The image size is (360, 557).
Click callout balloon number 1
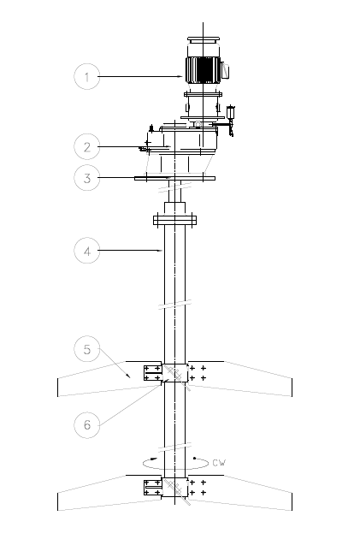tap(87, 76)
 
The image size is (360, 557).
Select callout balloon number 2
tap(87, 146)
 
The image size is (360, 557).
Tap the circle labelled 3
tap(87, 178)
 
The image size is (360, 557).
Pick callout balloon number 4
tap(87, 251)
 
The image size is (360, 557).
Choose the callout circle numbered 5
tap(87, 349)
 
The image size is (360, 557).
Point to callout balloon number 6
tap(87, 425)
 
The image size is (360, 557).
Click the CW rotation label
tap(219, 463)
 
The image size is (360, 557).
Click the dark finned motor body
tap(203, 69)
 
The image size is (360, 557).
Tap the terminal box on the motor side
tap(225, 70)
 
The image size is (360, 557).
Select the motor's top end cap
tap(204, 39)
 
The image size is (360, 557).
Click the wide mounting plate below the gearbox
tap(174, 178)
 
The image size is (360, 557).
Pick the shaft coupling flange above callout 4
tap(174, 220)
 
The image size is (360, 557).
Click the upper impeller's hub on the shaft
tap(174, 373)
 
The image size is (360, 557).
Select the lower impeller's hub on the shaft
tap(174, 487)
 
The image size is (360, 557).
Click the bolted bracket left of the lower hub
tap(153, 488)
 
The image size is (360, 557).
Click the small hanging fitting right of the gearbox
tap(231, 120)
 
